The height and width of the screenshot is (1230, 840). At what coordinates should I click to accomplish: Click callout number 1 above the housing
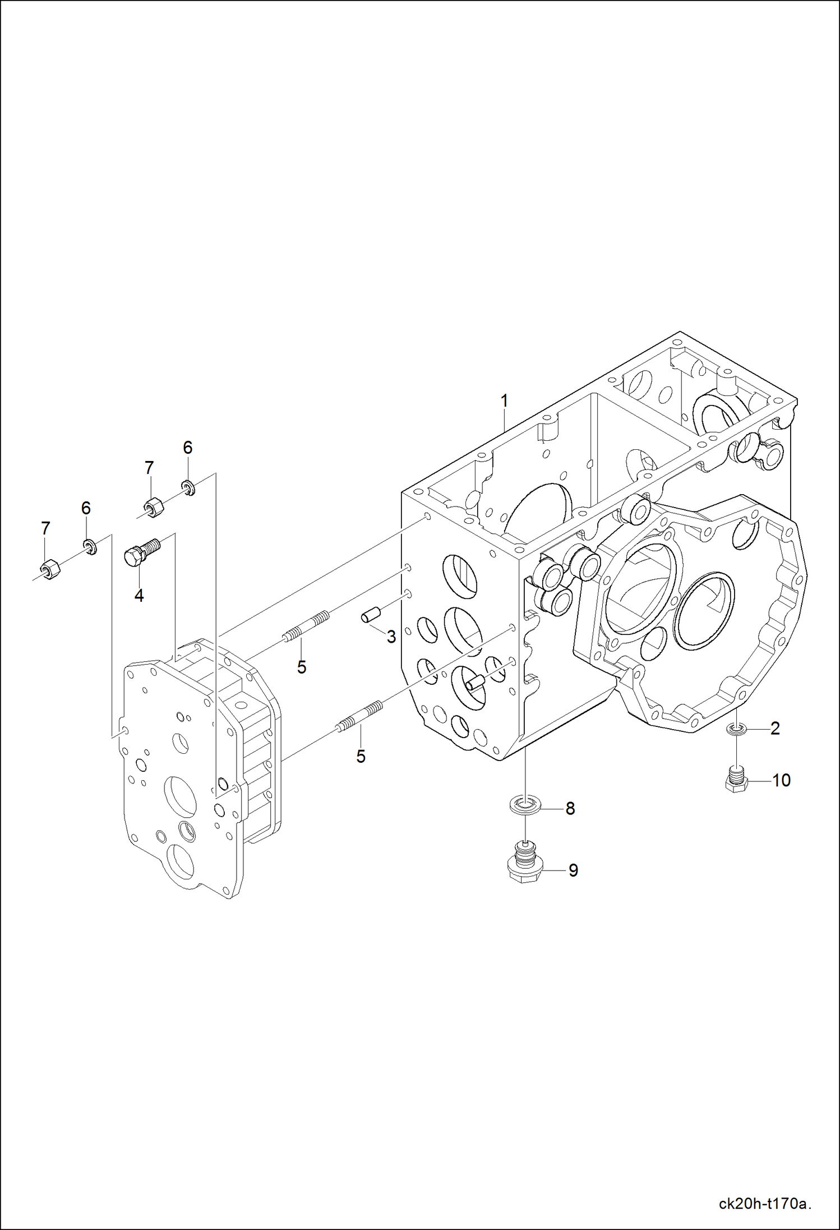(504, 401)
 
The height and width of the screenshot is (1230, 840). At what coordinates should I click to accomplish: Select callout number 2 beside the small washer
(775, 728)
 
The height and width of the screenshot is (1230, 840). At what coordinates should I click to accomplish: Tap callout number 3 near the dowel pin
(391, 637)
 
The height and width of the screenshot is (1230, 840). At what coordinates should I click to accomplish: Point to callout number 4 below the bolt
(139, 595)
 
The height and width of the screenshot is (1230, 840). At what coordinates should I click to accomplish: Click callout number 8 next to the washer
(570, 808)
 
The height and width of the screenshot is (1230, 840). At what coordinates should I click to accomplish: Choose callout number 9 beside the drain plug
(573, 870)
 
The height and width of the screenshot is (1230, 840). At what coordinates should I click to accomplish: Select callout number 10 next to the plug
(781, 780)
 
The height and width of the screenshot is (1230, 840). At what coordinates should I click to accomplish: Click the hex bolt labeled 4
(141, 551)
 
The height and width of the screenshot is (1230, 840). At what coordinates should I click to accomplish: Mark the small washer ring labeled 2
(736, 729)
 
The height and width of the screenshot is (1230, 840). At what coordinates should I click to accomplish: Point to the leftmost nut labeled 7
(50, 569)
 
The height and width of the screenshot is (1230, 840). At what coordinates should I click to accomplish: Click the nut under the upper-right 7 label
(154, 508)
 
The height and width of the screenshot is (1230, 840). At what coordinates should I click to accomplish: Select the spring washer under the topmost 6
(188, 487)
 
